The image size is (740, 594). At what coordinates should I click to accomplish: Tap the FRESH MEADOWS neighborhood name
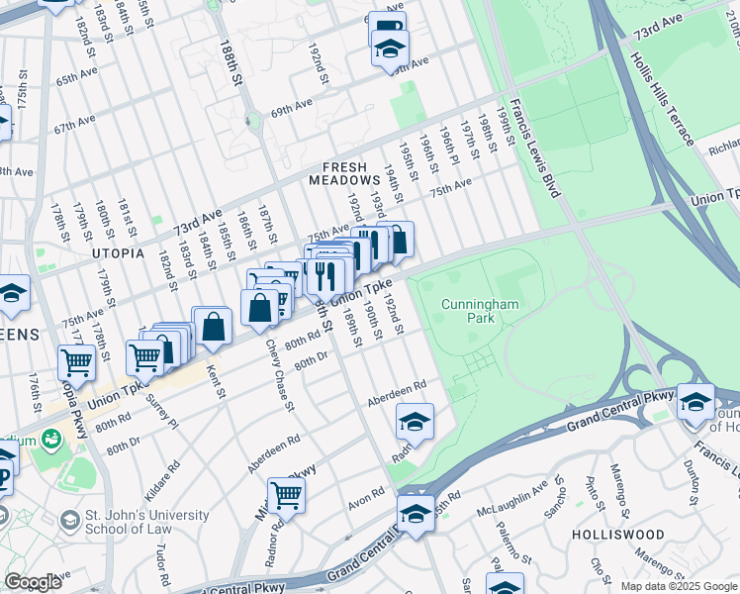(344, 174)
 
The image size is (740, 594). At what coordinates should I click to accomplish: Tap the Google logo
(34, 582)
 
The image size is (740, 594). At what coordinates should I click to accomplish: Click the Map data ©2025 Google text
(678, 586)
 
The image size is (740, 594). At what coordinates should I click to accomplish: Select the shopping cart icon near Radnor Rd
(286, 493)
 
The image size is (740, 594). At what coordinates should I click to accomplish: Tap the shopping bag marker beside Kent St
(214, 326)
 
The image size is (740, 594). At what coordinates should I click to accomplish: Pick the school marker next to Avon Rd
(416, 512)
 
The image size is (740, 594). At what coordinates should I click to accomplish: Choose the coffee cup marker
(389, 27)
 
